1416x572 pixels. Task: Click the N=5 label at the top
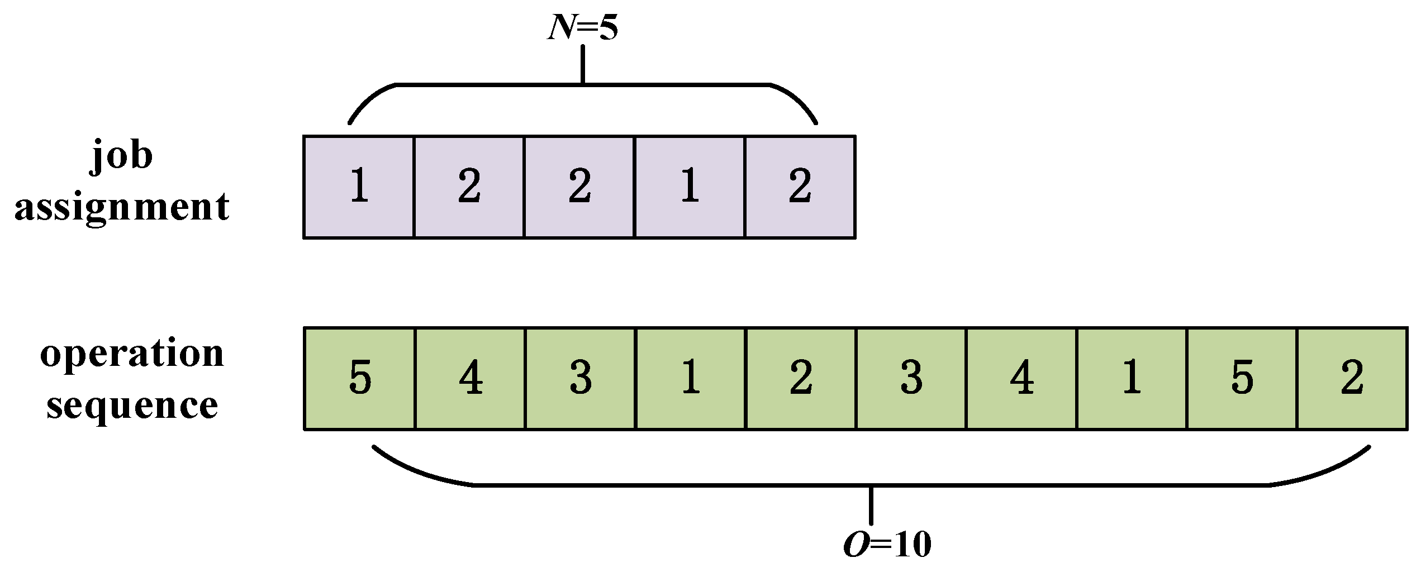pos(583,28)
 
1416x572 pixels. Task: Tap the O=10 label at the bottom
pos(887,545)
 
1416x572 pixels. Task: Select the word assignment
pos(122,207)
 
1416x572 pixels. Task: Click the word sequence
pos(132,406)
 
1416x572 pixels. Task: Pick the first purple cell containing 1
pos(359,187)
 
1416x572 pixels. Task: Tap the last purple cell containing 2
pos(800,187)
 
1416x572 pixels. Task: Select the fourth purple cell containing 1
pos(690,187)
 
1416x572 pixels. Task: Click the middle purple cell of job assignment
pos(579,187)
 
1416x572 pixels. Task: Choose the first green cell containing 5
pos(359,379)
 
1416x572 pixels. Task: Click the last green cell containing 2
pos(1352,379)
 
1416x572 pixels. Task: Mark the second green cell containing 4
pos(470,379)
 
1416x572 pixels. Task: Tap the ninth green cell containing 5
pos(1242,379)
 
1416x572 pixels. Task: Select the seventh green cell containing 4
pos(1021,379)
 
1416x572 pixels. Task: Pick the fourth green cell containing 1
pos(691,379)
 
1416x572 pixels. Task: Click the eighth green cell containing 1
pos(1132,379)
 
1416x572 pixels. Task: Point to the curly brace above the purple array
pos(583,85)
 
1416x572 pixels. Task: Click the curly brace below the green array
pos(871,485)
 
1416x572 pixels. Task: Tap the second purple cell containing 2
pos(469,187)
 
